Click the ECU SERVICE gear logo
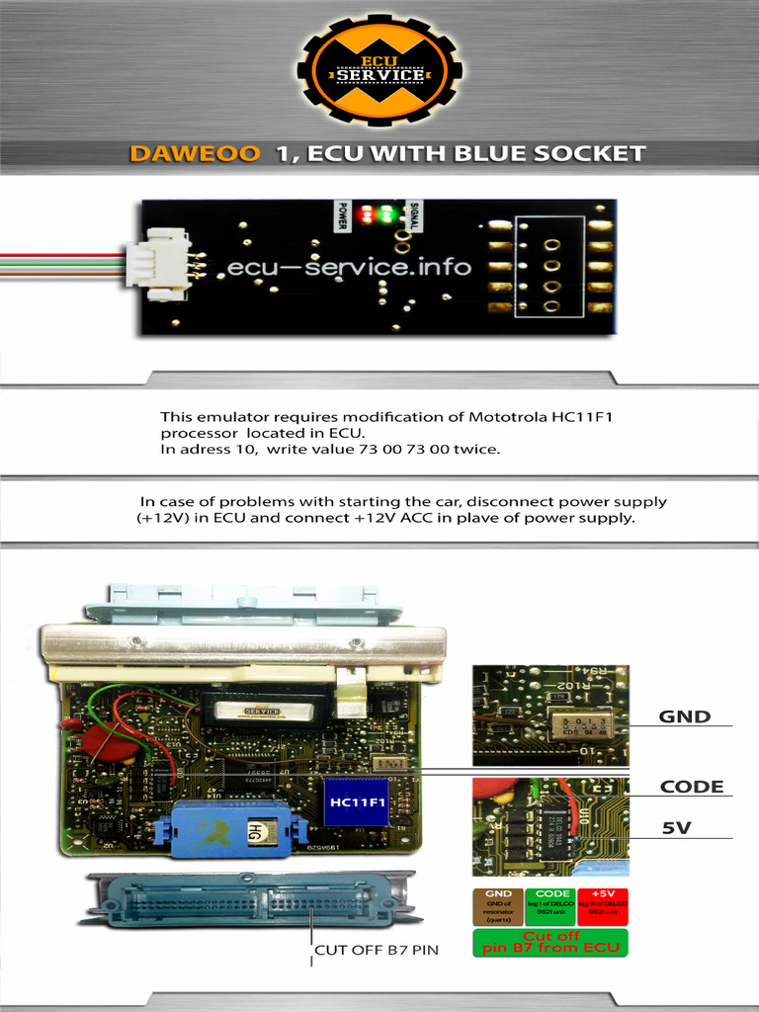click(x=379, y=70)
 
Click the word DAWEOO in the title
click(x=195, y=154)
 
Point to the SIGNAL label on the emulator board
click(x=413, y=212)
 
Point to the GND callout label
click(x=685, y=717)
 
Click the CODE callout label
click(x=692, y=787)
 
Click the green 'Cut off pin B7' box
click(x=550, y=942)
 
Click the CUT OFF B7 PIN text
click(x=376, y=951)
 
